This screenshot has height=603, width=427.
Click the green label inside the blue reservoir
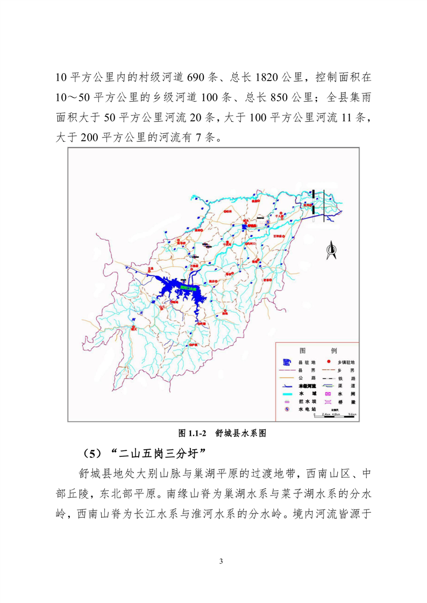coord(189,288)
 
